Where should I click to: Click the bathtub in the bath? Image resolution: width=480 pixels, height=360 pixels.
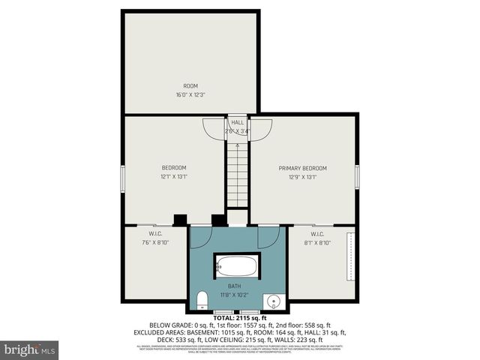(237, 266)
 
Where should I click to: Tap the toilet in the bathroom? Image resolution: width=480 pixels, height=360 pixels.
(201, 301)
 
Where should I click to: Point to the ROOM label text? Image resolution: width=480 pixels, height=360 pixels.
(190, 86)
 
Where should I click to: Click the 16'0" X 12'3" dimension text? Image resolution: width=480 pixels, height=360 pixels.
(190, 95)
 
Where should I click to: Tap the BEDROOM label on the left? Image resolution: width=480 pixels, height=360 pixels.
(174, 167)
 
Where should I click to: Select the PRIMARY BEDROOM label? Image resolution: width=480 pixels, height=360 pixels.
(303, 168)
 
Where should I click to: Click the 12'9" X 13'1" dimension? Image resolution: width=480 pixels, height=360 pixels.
(303, 177)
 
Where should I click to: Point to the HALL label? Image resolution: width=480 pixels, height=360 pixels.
(237, 122)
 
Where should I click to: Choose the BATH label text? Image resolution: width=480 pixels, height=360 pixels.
(235, 286)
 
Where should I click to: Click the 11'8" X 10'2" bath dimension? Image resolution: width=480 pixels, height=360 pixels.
(235, 295)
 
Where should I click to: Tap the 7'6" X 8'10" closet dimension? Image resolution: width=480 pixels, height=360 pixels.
(156, 241)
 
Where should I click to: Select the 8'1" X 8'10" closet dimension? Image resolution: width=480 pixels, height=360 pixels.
(317, 241)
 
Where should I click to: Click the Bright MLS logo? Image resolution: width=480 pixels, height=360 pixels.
(29, 349)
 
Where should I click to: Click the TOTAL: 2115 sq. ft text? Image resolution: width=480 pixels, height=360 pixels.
(238, 318)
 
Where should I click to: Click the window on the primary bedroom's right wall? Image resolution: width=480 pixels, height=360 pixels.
(357, 177)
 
